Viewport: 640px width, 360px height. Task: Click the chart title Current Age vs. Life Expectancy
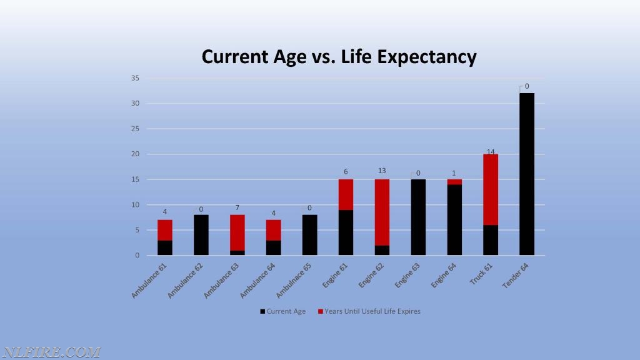click(339, 57)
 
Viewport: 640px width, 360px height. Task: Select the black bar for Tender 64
click(527, 174)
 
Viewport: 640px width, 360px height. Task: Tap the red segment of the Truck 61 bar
click(491, 190)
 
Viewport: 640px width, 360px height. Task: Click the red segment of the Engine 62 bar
click(382, 212)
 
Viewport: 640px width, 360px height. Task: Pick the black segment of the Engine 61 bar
click(346, 232)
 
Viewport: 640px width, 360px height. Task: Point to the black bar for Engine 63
click(418, 217)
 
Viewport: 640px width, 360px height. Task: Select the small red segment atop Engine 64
click(454, 182)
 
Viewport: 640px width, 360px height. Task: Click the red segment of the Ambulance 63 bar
click(237, 232)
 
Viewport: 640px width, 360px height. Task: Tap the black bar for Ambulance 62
click(201, 235)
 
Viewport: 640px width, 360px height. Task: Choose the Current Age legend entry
click(283, 311)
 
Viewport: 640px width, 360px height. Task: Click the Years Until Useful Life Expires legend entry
click(369, 311)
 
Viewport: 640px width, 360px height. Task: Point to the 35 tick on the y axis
click(135, 78)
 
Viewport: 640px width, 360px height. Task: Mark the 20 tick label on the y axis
click(135, 154)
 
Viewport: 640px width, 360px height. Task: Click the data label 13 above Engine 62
click(382, 171)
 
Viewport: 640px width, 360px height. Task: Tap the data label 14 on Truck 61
click(491, 151)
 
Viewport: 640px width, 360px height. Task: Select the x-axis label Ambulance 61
click(149, 281)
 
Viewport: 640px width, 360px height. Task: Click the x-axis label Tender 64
click(516, 276)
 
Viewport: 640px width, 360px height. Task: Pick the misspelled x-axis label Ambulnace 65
click(294, 281)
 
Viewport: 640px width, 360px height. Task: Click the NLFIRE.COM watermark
click(51, 352)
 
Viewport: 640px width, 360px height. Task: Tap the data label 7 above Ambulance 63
click(237, 208)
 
